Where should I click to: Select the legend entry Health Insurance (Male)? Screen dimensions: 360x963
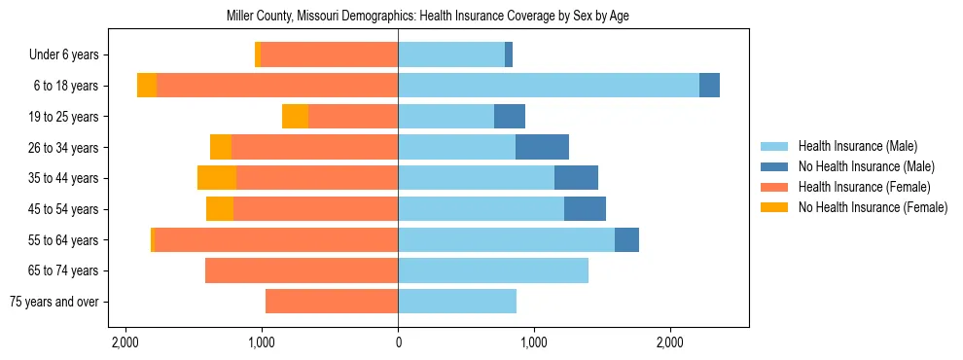click(x=857, y=146)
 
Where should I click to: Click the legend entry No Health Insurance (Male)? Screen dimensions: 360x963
click(x=866, y=166)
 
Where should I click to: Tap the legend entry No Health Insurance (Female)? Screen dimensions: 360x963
click(x=873, y=207)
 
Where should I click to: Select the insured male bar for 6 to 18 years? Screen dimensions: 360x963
click(x=549, y=86)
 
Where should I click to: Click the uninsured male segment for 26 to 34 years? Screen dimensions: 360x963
click(x=542, y=147)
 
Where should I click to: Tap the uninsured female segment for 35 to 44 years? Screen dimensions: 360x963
click(x=217, y=178)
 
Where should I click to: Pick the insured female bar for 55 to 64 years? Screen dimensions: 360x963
click(x=276, y=239)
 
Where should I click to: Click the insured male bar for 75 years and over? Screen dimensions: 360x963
click(x=457, y=302)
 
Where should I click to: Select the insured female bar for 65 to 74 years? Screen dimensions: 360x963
click(x=302, y=270)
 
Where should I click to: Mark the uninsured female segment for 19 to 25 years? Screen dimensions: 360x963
click(x=295, y=117)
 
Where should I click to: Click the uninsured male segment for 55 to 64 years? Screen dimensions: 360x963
click(x=626, y=239)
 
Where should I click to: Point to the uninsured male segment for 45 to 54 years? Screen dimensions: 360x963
click(x=585, y=209)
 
